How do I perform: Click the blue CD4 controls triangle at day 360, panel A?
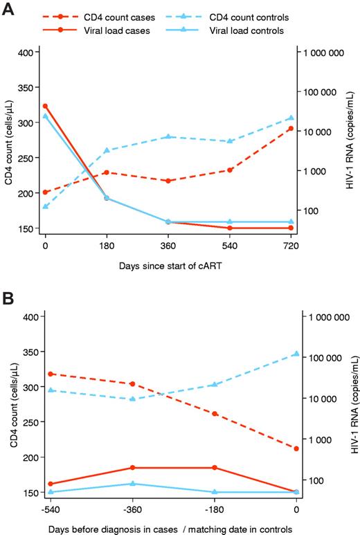(x=168, y=136)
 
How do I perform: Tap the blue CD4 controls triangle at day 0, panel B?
(x=296, y=353)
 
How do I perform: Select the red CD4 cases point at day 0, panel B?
(x=296, y=448)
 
